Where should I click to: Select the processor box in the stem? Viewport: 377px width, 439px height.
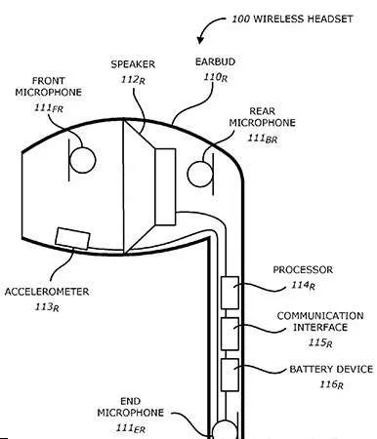(230, 293)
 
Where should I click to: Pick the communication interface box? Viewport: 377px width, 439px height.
(230, 334)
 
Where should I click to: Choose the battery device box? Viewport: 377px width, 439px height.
(230, 375)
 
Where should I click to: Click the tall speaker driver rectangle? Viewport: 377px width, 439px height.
(165, 186)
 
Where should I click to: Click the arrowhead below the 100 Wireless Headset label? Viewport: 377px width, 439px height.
(200, 40)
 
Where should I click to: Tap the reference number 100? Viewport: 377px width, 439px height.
(240, 19)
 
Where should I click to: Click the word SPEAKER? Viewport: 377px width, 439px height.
(133, 64)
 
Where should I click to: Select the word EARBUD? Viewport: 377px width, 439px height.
(215, 61)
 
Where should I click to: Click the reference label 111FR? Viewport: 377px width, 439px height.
(49, 107)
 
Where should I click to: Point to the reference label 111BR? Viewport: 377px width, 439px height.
(263, 139)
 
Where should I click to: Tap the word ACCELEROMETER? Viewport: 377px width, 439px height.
(47, 292)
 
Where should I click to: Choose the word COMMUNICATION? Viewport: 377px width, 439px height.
(320, 316)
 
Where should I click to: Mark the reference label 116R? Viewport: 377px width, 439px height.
(331, 384)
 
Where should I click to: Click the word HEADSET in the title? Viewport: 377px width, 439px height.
(330, 19)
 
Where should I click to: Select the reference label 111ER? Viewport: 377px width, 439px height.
(131, 428)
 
